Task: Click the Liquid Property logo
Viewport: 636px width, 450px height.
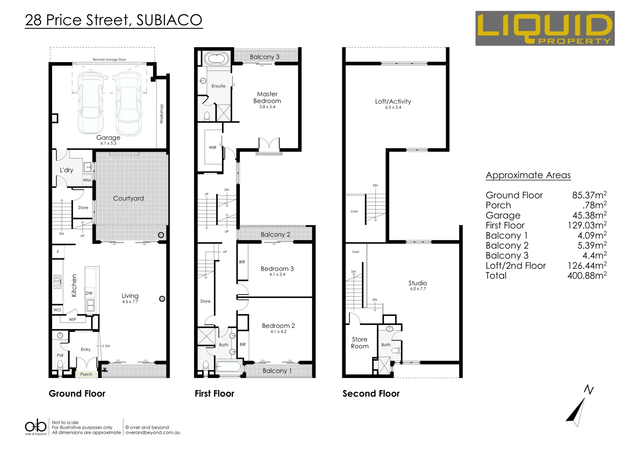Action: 544,28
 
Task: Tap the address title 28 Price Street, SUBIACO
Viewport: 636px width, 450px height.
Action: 114,20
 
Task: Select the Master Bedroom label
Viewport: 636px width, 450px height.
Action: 267,97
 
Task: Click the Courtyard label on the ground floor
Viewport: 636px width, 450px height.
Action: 128,198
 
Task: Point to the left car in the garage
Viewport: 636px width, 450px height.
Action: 90,102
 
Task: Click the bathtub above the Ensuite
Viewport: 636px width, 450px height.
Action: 216,58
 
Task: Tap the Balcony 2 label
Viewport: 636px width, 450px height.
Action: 275,235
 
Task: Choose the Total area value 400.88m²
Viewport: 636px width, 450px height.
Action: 586,275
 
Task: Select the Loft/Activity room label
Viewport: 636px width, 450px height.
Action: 393,101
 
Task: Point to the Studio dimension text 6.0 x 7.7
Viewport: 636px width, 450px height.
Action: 418,289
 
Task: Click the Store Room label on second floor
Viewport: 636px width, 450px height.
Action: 359,342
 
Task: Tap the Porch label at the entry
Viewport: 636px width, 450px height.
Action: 86,374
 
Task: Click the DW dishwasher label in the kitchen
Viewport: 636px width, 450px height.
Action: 89,293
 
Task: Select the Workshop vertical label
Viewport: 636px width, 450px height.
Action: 162,114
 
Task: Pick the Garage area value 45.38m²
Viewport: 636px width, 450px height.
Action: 589,215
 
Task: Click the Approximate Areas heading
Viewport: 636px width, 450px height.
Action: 528,175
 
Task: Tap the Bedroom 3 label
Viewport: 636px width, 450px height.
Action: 277,269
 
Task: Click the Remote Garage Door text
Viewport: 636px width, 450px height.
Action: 109,60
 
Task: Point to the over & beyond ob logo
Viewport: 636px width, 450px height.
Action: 36,427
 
